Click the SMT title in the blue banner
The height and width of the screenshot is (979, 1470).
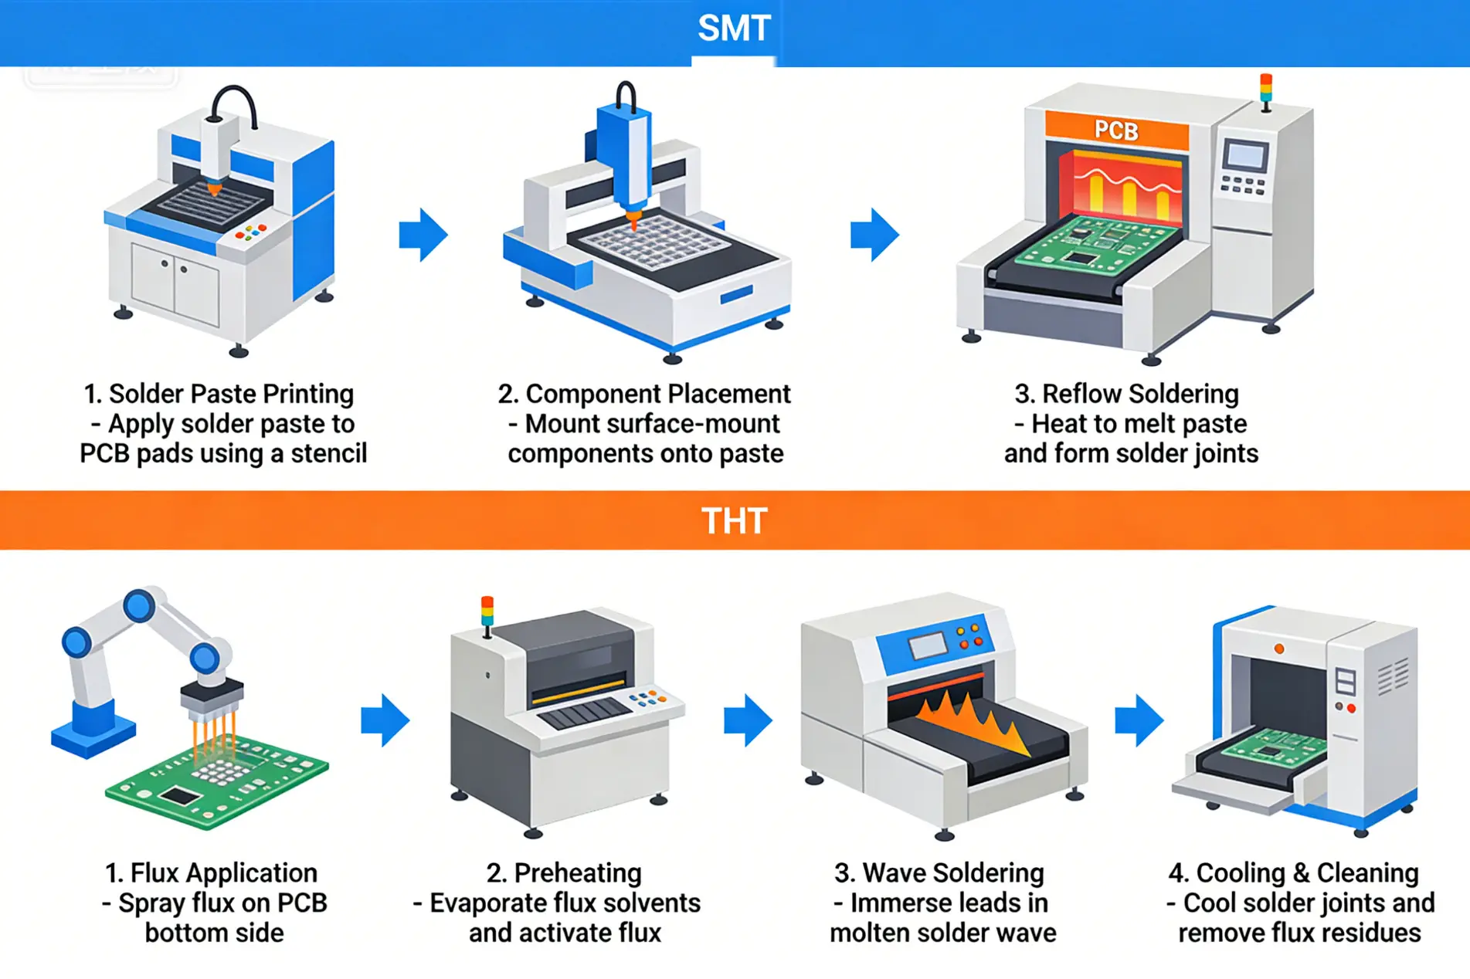point(734,29)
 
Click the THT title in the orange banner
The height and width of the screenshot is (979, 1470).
point(734,521)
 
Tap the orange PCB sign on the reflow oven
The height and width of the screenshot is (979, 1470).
point(1116,130)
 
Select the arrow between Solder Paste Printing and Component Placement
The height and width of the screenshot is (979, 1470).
point(423,234)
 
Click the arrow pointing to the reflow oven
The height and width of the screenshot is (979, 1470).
point(874,234)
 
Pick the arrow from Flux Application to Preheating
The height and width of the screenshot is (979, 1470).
point(385,720)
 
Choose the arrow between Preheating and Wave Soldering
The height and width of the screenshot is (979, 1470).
point(748,720)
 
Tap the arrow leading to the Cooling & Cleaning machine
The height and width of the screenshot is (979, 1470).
point(1139,720)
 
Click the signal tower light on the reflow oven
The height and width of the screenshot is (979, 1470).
point(1266,90)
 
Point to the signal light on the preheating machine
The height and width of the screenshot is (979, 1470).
point(487,611)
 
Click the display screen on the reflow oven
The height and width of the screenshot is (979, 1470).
point(1245,156)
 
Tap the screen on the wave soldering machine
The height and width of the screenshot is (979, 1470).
point(928,645)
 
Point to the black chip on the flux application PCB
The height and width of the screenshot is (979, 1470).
point(179,796)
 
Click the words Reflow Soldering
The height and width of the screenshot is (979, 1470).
point(1140,395)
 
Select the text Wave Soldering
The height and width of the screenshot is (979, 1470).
point(953,873)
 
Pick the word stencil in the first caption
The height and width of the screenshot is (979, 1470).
point(328,453)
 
